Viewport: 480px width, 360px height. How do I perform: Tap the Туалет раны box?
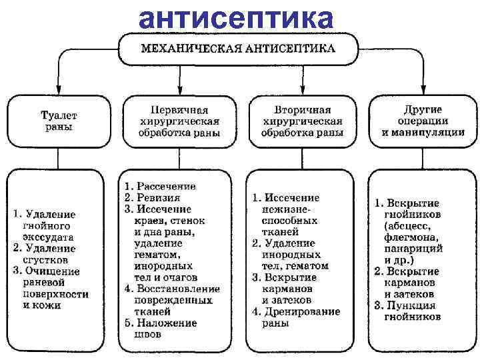click(x=59, y=121)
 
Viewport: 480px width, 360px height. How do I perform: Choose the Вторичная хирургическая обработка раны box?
click(x=300, y=121)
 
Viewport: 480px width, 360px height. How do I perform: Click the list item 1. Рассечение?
click(x=160, y=186)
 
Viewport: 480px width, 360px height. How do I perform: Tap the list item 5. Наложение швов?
click(x=165, y=328)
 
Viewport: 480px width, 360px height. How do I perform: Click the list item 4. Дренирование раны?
click(x=296, y=317)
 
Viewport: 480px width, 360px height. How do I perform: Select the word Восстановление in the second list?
click(x=177, y=289)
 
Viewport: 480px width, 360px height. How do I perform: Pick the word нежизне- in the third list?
click(x=292, y=209)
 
